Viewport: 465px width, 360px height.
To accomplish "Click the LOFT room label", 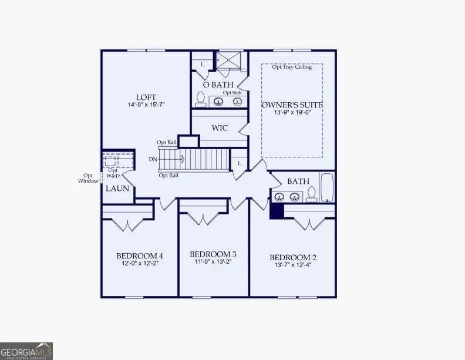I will pyautogui.click(x=146, y=97).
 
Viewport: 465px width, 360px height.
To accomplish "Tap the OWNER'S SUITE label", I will pyautogui.click(x=292, y=105).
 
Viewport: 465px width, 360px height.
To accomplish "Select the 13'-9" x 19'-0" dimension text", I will pyautogui.click(x=292, y=113).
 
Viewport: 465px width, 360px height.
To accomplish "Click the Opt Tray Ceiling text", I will pyautogui.click(x=292, y=67).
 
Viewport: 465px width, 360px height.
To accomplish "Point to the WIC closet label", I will pyautogui.click(x=219, y=127).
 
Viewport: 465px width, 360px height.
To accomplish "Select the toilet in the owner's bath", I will pyautogui.click(x=200, y=99).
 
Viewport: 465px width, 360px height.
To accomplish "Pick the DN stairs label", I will pyautogui.click(x=153, y=159).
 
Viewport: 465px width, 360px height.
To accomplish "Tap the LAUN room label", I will pyautogui.click(x=113, y=189).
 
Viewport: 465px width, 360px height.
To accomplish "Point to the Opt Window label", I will pyautogui.click(x=88, y=178).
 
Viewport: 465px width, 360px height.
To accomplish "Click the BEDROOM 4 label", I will pyautogui.click(x=140, y=256).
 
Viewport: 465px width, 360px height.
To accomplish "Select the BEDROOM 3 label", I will pyautogui.click(x=213, y=254).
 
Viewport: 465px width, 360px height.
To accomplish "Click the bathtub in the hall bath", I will pyautogui.click(x=327, y=187).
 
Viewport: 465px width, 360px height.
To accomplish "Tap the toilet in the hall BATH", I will pyautogui.click(x=311, y=194).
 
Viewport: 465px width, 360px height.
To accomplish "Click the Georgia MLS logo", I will pyautogui.click(x=26, y=351).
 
